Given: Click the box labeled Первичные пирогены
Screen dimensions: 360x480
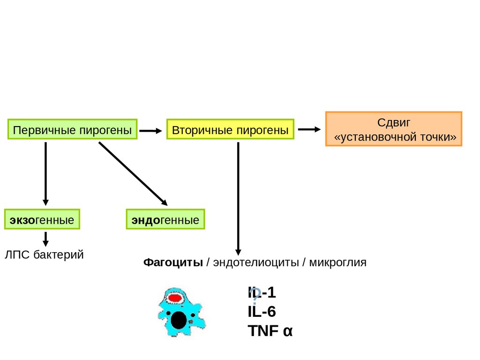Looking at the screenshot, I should (72, 130).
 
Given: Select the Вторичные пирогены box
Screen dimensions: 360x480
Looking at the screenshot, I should (230, 130).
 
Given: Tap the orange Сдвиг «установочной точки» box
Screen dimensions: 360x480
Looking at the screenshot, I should (394, 129).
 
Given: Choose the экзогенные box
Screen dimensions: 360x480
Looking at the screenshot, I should (42, 220).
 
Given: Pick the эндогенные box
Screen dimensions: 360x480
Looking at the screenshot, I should (165, 220).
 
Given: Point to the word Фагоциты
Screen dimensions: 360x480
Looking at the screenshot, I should (173, 262).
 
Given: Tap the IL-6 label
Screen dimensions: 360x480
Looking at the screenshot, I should (262, 312).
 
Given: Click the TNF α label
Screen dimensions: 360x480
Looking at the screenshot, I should (270, 331).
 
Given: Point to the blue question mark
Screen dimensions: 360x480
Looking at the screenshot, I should (255, 295).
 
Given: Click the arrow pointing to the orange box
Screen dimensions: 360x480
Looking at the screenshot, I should (309, 129).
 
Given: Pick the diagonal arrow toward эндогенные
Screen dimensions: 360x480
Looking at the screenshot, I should (133, 173).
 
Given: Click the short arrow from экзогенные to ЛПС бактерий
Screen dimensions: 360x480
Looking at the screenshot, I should (46, 239).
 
